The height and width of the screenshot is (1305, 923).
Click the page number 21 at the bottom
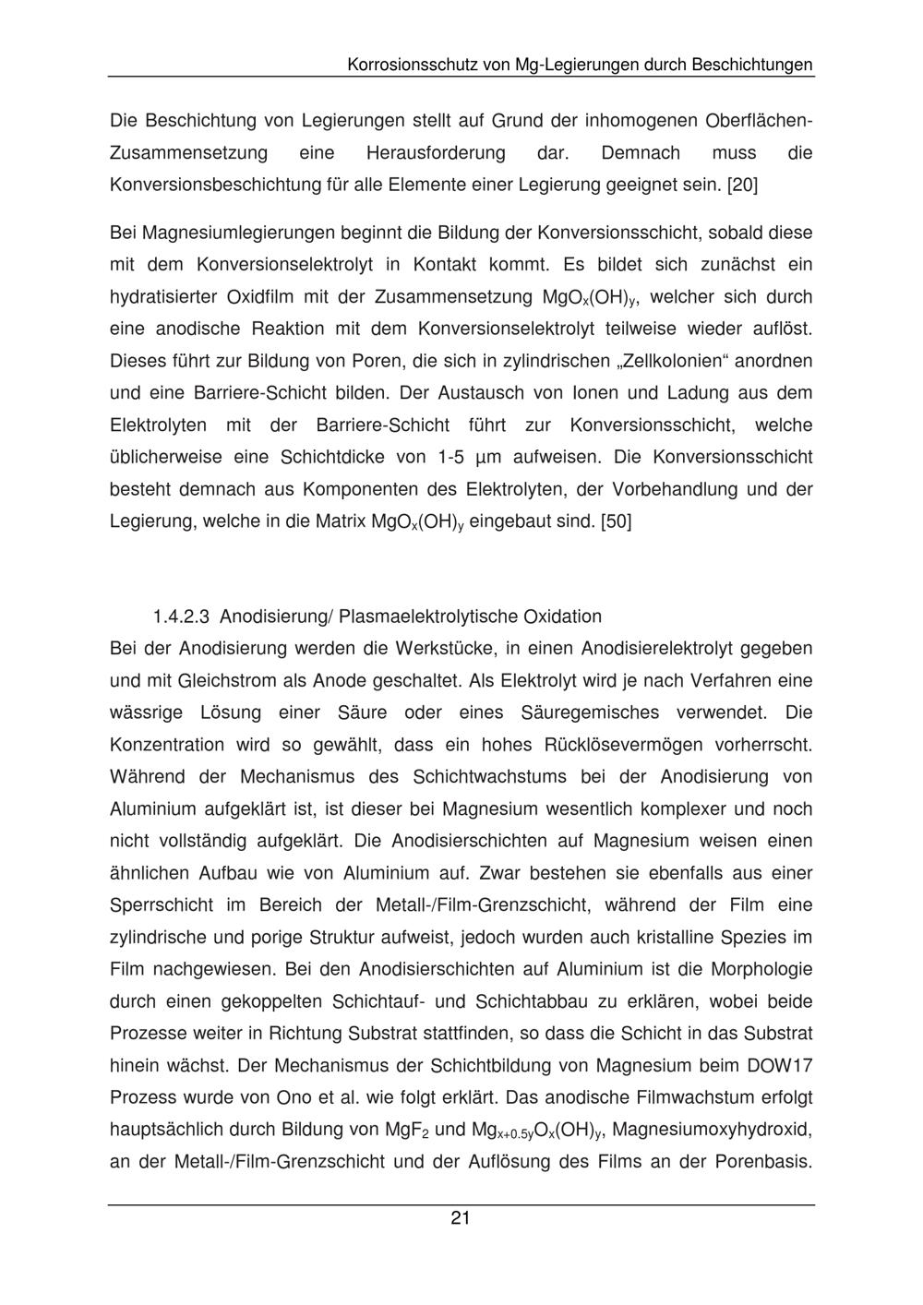coord(461,1218)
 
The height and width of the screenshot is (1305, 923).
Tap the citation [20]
coord(742,185)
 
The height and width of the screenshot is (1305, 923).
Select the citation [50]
coord(616,521)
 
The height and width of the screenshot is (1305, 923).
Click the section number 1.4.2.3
coord(182,617)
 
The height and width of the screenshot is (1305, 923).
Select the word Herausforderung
coord(436,152)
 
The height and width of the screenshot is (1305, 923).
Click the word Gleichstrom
coord(216,681)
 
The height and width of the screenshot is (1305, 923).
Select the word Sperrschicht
coord(162,904)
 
